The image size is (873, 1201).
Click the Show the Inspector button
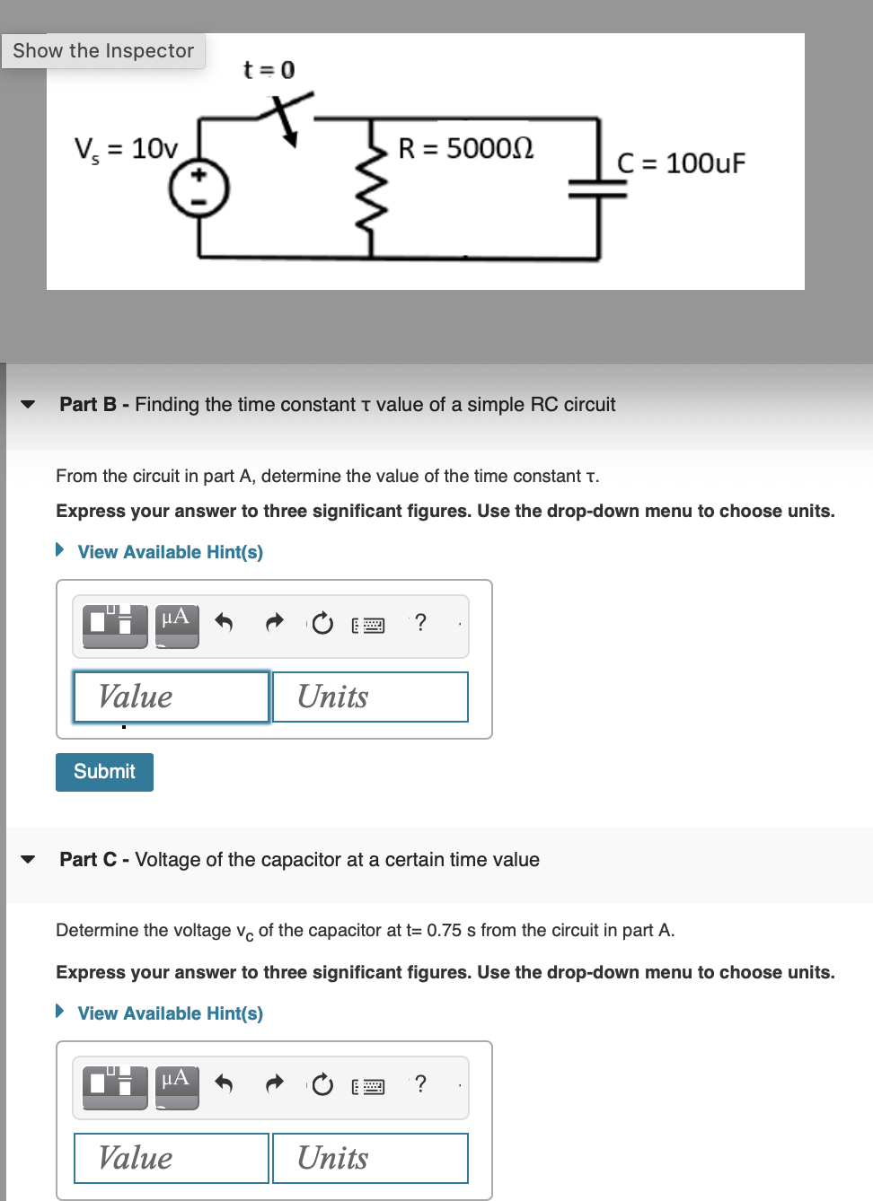[x=103, y=51]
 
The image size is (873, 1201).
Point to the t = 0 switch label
[x=269, y=70]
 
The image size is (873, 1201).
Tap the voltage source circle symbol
[x=199, y=188]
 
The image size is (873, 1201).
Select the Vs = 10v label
[x=126, y=148]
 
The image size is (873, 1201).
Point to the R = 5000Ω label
[x=465, y=148]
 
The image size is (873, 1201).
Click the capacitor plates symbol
[x=598, y=188]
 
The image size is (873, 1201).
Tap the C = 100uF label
[x=681, y=163]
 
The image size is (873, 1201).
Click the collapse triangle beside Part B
[x=28, y=405]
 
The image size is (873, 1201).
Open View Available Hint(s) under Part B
[x=170, y=552]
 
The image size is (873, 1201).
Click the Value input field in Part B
[x=171, y=697]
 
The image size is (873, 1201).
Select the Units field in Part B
[x=370, y=697]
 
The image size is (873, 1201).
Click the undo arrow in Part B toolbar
[x=225, y=622]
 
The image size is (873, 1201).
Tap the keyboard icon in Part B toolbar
[x=368, y=625]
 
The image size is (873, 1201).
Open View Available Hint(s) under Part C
[x=170, y=1013]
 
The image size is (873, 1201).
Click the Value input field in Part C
[x=171, y=1158]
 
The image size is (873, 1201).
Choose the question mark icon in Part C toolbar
[x=420, y=1083]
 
